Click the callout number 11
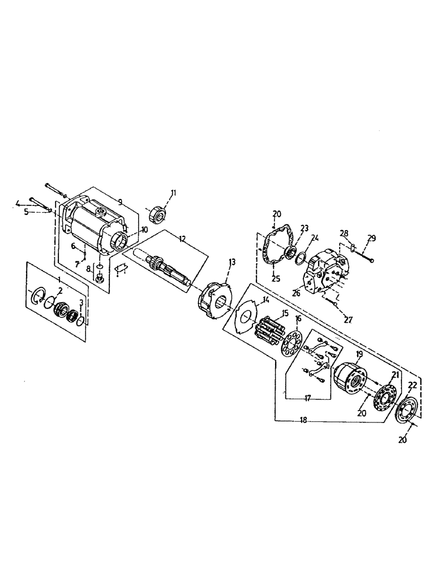point(173,193)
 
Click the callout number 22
point(412,385)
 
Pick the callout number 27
point(348,320)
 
